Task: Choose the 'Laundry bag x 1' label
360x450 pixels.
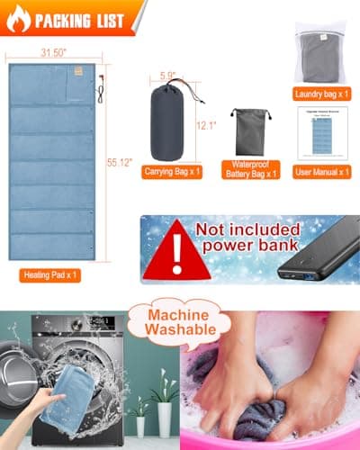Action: pos(322,94)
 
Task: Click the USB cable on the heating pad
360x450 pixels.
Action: pos(100,88)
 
